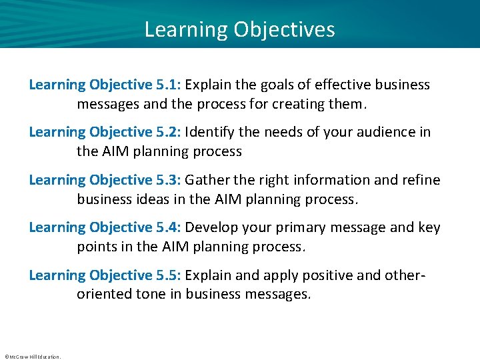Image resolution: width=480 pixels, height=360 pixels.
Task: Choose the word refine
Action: coord(421,180)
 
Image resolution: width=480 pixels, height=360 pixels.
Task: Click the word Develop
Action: coord(211,228)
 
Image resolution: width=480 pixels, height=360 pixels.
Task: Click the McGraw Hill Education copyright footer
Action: coord(32,357)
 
